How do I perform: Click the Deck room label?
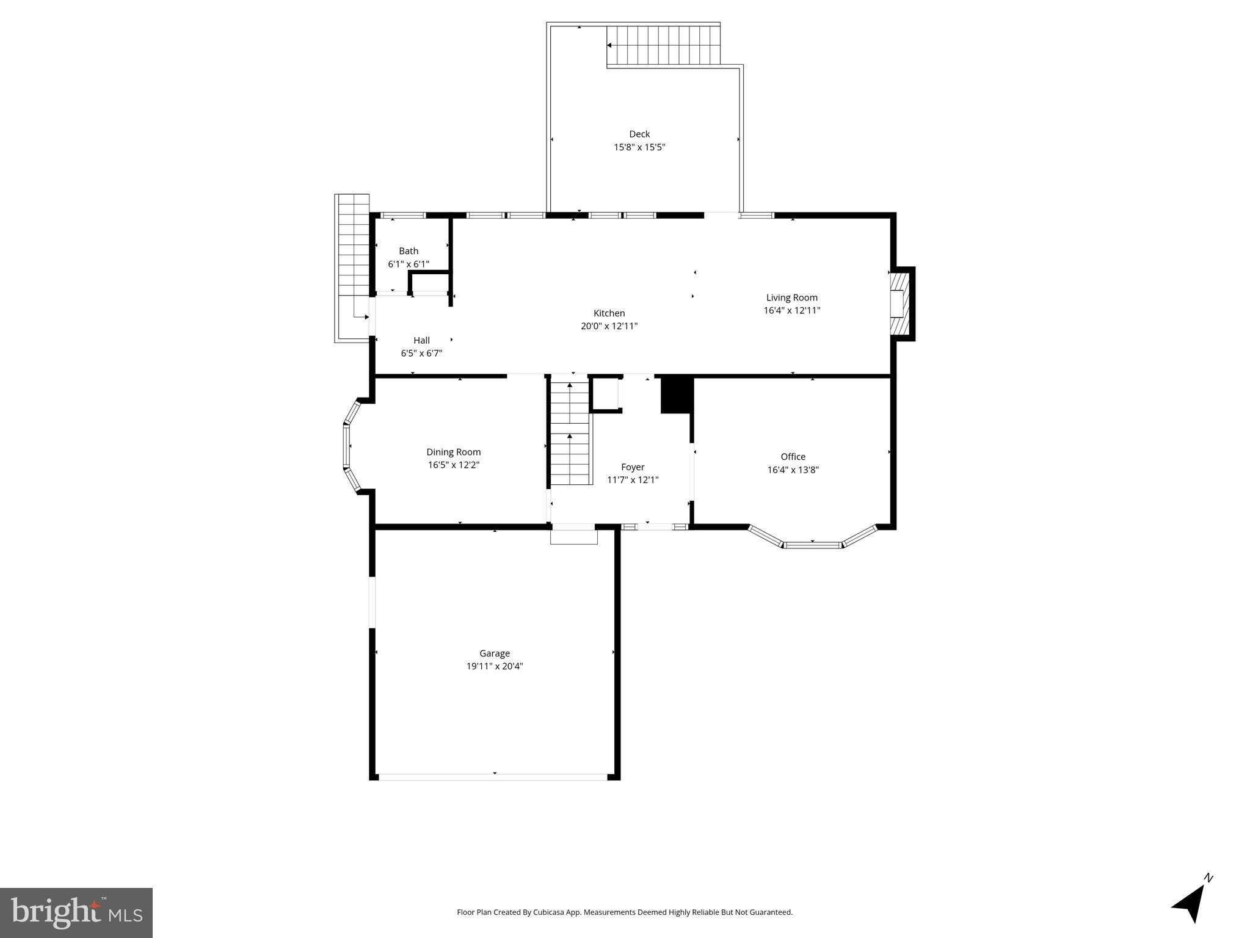pyautogui.click(x=639, y=134)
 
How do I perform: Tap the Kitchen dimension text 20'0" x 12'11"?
pyautogui.click(x=609, y=326)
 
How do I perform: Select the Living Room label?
pyautogui.click(x=791, y=297)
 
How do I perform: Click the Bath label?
pyautogui.click(x=409, y=251)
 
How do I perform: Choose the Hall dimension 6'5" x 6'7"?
pyautogui.click(x=421, y=353)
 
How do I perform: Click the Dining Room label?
pyautogui.click(x=453, y=452)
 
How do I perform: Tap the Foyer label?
pyautogui.click(x=633, y=467)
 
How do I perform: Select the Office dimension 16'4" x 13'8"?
pyautogui.click(x=793, y=470)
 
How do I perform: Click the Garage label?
pyautogui.click(x=494, y=653)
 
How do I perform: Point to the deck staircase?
pyautogui.click(x=664, y=45)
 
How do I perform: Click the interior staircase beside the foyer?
pyautogui.click(x=570, y=431)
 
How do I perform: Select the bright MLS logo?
pyautogui.click(x=76, y=912)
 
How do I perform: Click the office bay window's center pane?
pyautogui.click(x=812, y=544)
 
